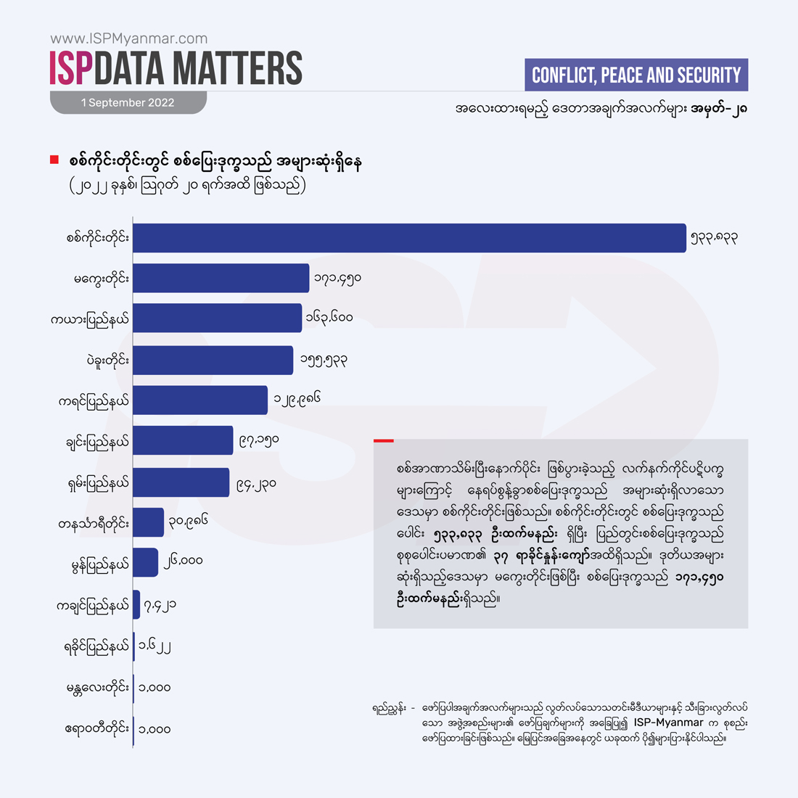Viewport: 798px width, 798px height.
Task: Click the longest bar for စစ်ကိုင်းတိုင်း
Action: tap(409, 238)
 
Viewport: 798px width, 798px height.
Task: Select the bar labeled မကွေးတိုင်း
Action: tap(221, 279)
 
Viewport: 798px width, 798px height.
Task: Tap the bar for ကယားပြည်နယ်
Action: tap(217, 318)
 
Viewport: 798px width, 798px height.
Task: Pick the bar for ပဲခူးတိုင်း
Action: tap(213, 360)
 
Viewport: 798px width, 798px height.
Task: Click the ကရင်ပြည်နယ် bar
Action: tap(200, 400)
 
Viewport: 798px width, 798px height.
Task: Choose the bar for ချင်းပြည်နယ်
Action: tap(183, 440)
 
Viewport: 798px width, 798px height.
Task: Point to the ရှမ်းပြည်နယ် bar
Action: tap(181, 482)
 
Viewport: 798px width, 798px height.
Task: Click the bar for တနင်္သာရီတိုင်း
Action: tap(148, 522)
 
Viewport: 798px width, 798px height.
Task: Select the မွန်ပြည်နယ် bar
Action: tap(145, 562)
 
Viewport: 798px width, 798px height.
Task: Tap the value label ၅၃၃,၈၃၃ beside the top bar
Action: tap(715, 238)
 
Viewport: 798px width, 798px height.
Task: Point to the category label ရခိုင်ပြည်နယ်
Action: tap(96, 646)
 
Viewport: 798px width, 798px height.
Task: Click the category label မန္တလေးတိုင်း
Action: tap(98, 687)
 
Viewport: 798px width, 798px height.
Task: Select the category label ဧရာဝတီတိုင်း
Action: tap(97, 728)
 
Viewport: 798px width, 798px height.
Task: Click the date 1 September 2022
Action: tap(128, 103)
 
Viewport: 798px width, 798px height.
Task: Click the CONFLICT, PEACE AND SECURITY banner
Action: tap(635, 75)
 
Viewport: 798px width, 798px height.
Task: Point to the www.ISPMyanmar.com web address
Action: tap(129, 38)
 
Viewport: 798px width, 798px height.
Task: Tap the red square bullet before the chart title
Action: tap(54, 160)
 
